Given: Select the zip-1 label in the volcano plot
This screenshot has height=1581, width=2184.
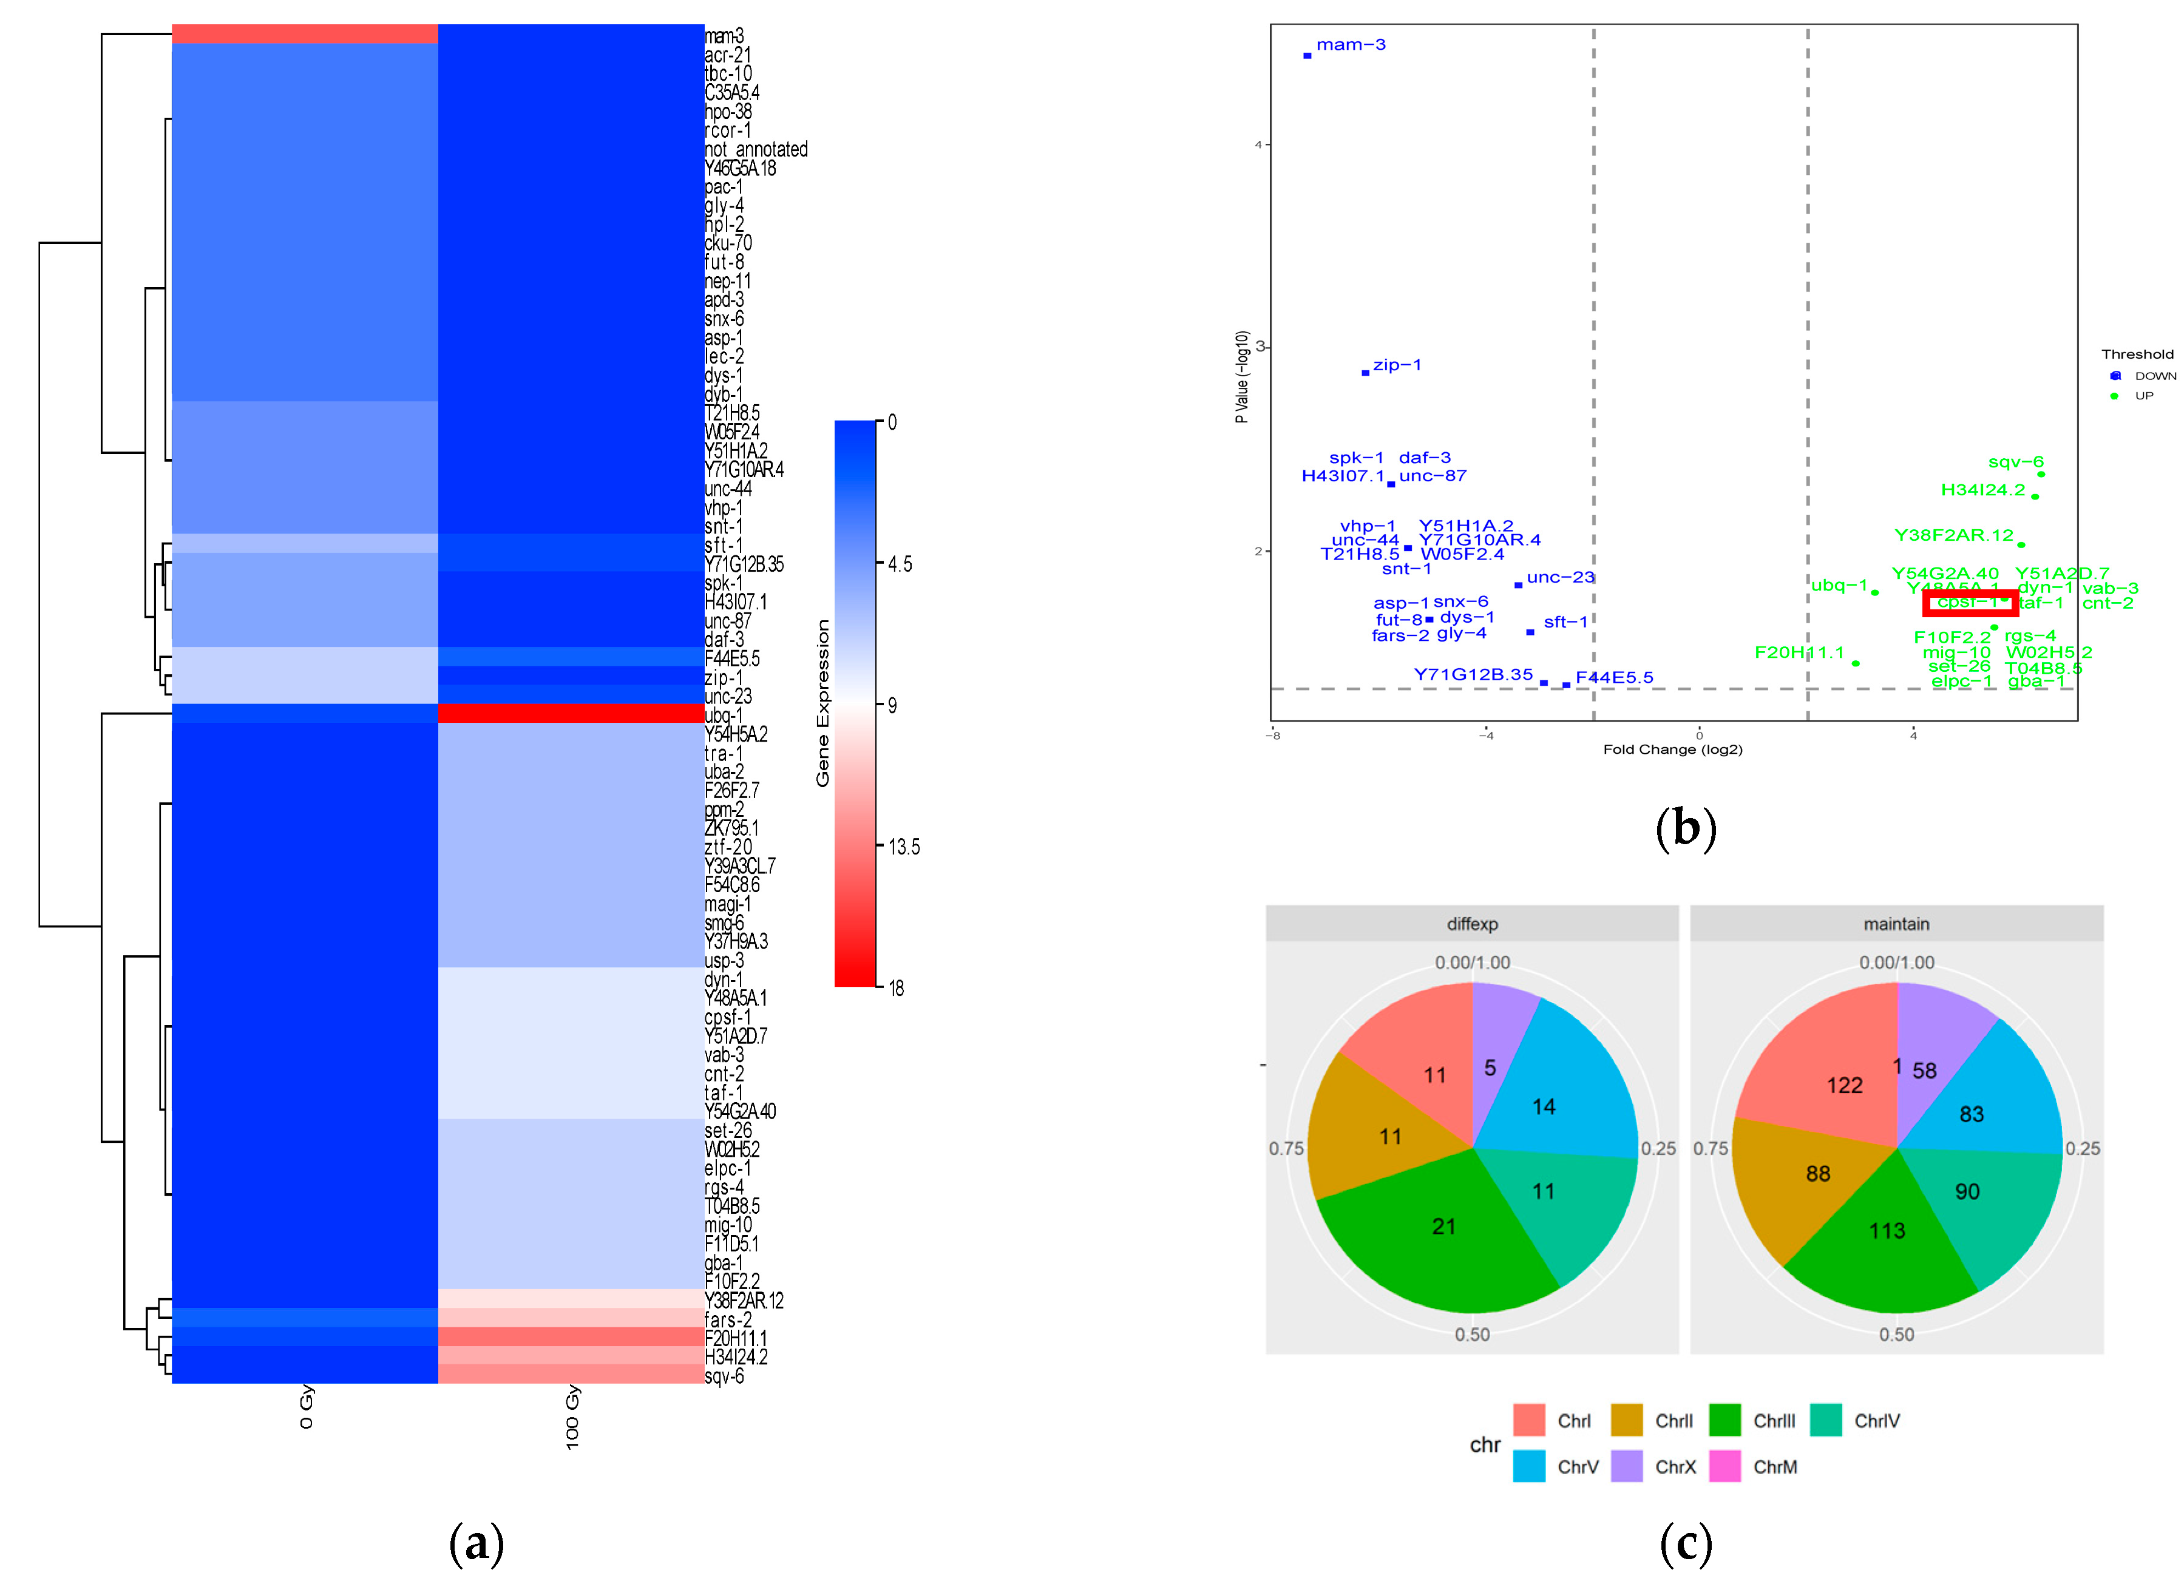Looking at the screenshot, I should [x=1396, y=365].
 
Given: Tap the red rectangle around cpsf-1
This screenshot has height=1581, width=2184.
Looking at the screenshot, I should [x=1969, y=603].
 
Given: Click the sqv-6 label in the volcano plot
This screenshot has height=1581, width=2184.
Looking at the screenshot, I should [x=2015, y=462].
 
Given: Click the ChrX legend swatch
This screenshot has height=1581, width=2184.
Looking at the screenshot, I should [x=1626, y=1466].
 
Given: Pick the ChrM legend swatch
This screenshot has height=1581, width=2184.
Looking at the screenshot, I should [x=1724, y=1466].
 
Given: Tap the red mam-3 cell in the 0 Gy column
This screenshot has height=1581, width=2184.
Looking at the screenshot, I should [x=304, y=35].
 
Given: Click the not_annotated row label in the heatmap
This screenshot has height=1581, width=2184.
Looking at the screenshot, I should [x=756, y=149].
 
